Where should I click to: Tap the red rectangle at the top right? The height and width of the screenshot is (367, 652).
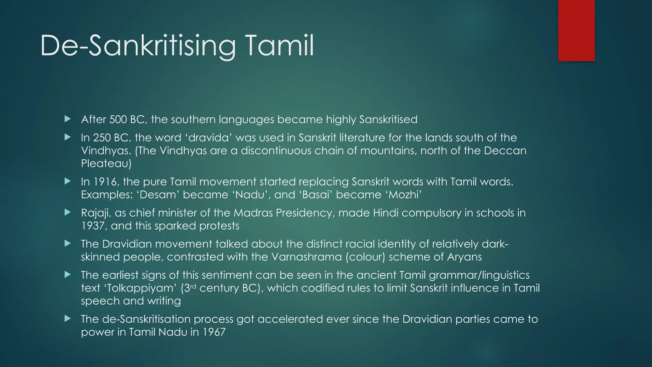click(576, 30)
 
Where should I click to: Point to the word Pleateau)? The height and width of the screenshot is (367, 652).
click(106, 163)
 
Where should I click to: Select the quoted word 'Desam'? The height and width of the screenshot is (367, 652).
click(158, 195)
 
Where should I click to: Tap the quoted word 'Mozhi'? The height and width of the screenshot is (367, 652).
click(405, 195)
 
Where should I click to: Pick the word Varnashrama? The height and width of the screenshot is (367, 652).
click(306, 257)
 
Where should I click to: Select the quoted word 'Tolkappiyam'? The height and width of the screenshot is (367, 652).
click(140, 288)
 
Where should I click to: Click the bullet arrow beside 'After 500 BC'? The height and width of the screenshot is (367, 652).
click(67, 119)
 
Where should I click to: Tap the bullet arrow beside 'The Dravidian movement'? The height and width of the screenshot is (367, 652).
click(67, 244)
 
